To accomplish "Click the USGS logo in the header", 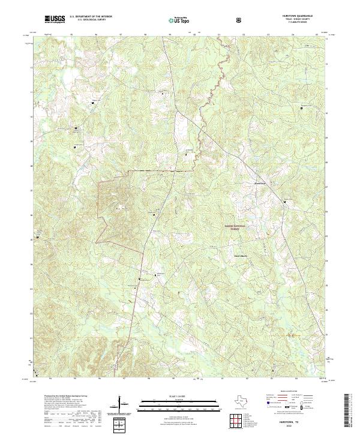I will click(x=55, y=19).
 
